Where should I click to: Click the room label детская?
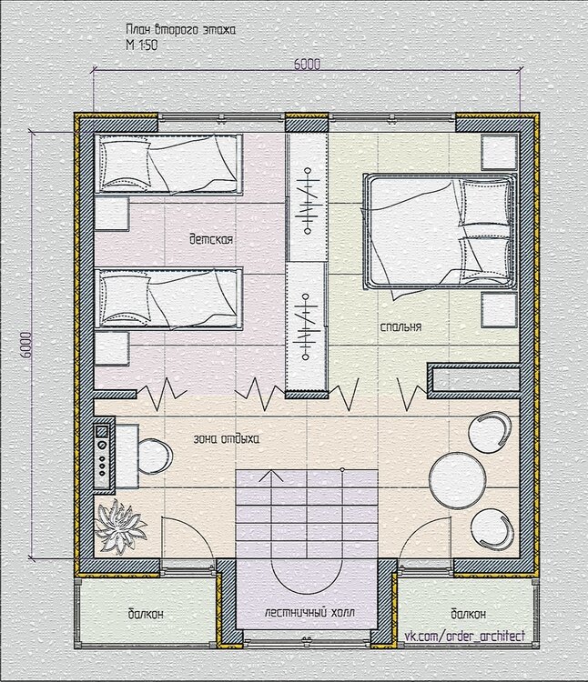point(211,239)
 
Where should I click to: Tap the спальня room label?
point(400,327)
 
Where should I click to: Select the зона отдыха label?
point(227,438)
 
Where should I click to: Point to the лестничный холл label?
point(309,613)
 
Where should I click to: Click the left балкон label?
point(146,614)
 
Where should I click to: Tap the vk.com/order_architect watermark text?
point(465,637)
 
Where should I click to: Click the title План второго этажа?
point(180,30)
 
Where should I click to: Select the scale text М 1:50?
point(141,45)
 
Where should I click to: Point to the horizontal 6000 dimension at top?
point(308,64)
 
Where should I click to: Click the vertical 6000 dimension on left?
point(25,345)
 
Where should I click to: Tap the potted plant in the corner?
point(119,527)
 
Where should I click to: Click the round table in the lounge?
point(458,481)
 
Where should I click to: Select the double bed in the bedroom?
point(440,231)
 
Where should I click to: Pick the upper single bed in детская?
point(169,164)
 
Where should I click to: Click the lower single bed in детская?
point(169,298)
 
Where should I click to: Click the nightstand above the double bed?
point(499,152)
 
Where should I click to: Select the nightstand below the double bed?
point(499,310)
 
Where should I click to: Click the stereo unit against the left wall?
point(102,456)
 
